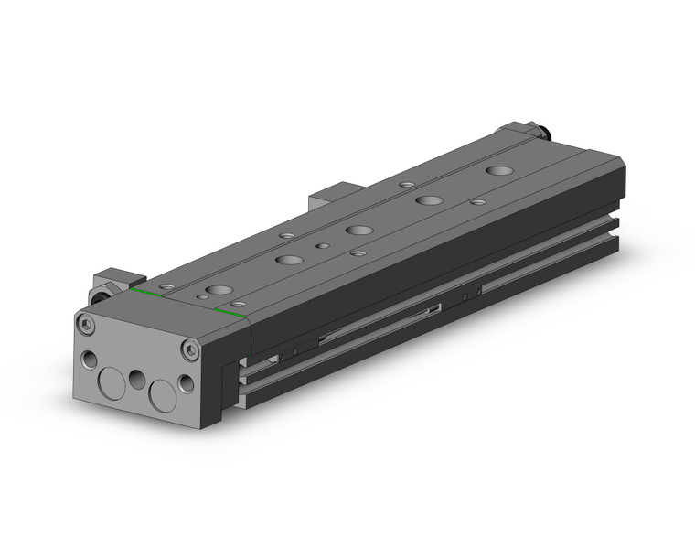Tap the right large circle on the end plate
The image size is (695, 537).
click(x=163, y=394)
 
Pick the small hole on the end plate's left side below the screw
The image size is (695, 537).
click(x=89, y=357)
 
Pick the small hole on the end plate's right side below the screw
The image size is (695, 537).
click(x=187, y=382)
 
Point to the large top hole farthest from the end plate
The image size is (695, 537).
click(x=499, y=170)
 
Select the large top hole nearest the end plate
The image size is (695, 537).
click(x=219, y=291)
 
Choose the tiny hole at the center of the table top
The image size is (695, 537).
click(x=321, y=245)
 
